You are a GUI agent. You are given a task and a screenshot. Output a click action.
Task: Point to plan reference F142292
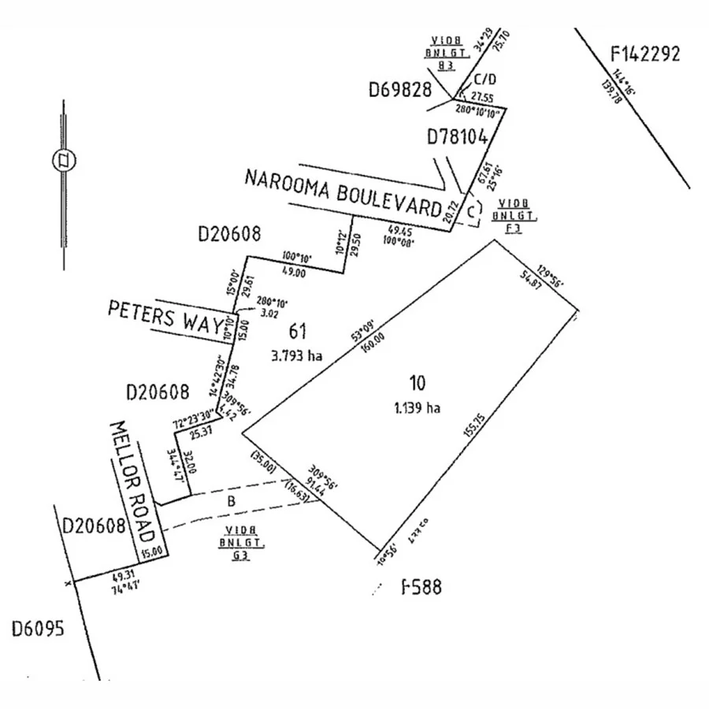point(645,54)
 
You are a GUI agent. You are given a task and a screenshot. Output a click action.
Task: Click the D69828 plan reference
point(400,90)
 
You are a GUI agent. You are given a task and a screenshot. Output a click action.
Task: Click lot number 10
point(417,384)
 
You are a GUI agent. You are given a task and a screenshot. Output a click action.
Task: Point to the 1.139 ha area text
point(417,408)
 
